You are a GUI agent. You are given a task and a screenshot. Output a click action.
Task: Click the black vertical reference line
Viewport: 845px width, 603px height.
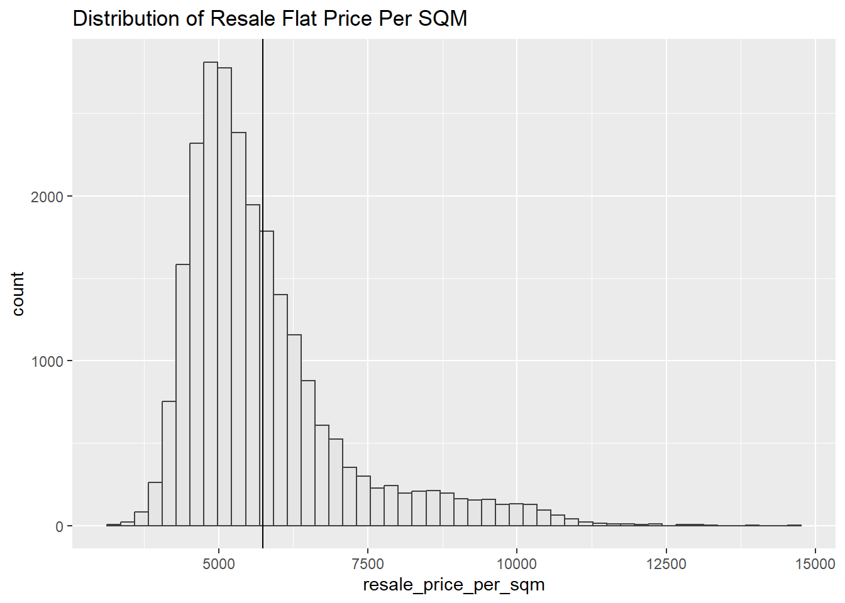pos(263,126)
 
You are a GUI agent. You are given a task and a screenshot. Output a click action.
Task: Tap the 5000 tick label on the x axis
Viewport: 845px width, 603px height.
pos(218,563)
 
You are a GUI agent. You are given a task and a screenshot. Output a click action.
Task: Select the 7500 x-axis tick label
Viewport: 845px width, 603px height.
pos(367,563)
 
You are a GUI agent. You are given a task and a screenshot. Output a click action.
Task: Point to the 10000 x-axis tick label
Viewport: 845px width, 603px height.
pos(516,563)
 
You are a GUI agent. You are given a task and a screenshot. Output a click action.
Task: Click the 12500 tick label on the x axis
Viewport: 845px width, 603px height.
pos(666,563)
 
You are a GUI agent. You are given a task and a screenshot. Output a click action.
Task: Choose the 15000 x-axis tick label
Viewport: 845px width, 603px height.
pos(815,563)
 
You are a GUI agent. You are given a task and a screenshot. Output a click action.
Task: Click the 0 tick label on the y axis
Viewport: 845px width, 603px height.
pos(59,526)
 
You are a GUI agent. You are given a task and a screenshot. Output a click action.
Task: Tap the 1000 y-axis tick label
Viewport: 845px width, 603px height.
pos(47,362)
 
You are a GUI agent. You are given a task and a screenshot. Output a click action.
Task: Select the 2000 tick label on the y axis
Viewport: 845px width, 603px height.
pos(47,197)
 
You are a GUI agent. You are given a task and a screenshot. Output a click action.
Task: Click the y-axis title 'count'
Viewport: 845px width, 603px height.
pos(18,294)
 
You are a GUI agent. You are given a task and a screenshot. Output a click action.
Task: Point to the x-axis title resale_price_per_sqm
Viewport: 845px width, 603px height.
pos(453,585)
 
